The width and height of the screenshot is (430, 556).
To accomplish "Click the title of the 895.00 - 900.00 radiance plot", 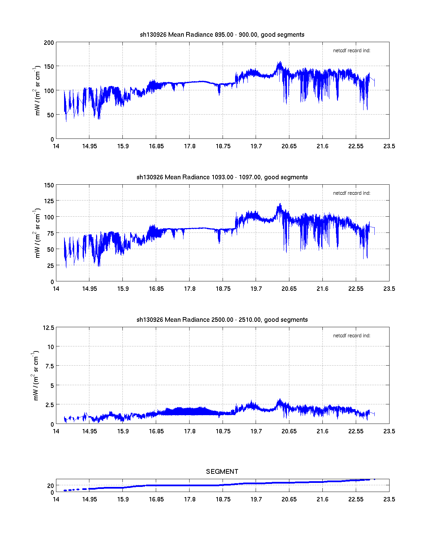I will [222, 35].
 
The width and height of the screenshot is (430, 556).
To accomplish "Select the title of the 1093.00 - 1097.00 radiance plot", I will [222, 177].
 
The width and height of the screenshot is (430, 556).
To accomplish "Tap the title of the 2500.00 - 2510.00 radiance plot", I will [222, 320].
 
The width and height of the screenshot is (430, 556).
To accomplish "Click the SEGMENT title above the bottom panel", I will [222, 471].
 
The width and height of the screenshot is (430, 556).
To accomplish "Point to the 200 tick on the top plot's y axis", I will [49, 43].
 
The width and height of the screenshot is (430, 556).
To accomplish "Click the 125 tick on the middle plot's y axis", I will [49, 201].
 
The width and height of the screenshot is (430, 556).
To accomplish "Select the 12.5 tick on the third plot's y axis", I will [48, 328].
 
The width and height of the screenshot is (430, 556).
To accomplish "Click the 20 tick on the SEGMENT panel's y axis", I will [51, 486].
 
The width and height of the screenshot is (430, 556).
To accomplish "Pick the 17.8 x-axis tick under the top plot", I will [190, 146].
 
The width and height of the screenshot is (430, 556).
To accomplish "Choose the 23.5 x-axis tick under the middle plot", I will [389, 289].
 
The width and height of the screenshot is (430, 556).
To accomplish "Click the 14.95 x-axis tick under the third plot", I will [89, 431].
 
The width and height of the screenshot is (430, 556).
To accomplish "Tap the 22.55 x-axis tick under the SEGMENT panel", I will [356, 499].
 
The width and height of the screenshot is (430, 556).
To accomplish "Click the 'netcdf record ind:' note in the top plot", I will [351, 51].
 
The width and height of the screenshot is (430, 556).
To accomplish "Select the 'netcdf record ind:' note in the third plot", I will [351, 336].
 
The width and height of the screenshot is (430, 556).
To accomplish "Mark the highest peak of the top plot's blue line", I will [280, 62].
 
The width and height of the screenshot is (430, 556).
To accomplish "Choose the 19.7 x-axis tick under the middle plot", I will [256, 289].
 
